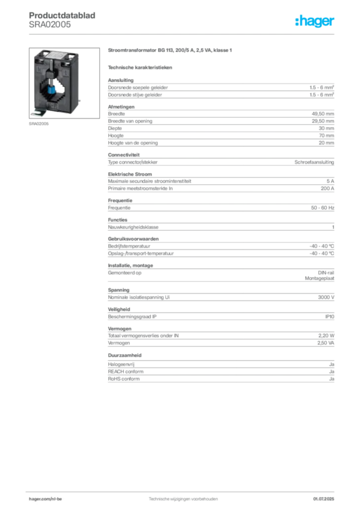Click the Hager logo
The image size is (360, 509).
coord(315,21)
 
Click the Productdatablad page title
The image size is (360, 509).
coord(62,15)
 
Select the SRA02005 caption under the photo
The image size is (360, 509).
coord(39,124)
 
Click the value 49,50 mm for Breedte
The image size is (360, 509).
coord(323,114)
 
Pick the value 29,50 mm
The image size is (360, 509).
coord(323,121)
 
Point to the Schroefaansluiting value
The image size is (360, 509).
coord(314,162)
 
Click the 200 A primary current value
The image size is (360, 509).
coord(327,188)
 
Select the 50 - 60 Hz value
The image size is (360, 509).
coord(322,208)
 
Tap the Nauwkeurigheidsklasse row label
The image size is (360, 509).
coord(133,227)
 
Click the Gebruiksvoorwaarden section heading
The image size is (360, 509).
coord(133,239)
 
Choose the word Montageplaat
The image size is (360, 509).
coord(319,278)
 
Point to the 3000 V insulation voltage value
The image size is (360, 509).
coord(326,297)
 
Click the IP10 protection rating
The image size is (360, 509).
coord(330,317)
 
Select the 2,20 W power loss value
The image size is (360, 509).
coord(326,336)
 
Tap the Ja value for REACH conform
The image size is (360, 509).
coord(332,372)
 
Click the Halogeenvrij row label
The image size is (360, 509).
coord(121,364)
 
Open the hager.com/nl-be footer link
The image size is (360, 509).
coord(45,499)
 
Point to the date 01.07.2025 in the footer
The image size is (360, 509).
coord(323,499)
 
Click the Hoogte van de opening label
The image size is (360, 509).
coord(133,143)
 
